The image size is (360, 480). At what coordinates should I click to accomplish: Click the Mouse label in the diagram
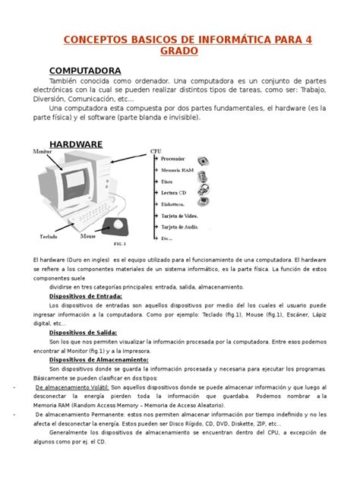[89, 236]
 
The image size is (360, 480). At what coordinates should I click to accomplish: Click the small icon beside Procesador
[204, 159]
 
